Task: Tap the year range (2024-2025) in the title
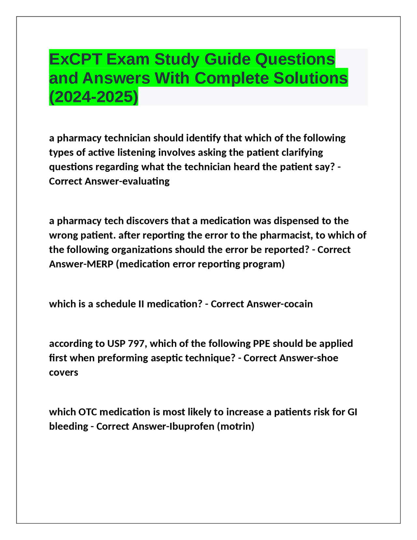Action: [x=93, y=97]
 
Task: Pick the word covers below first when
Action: [x=64, y=372]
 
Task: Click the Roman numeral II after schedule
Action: [x=141, y=304]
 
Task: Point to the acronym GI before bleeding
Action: [x=352, y=412]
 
